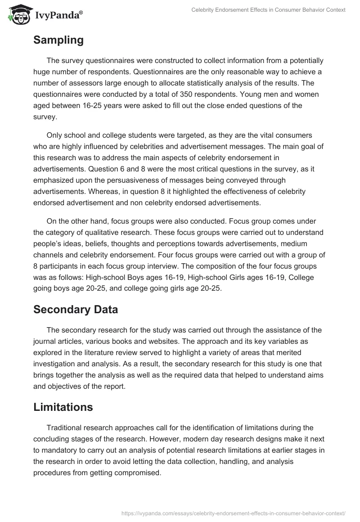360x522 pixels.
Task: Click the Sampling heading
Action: [58, 40]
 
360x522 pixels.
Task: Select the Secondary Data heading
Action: [76, 310]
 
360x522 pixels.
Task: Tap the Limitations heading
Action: [63, 407]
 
